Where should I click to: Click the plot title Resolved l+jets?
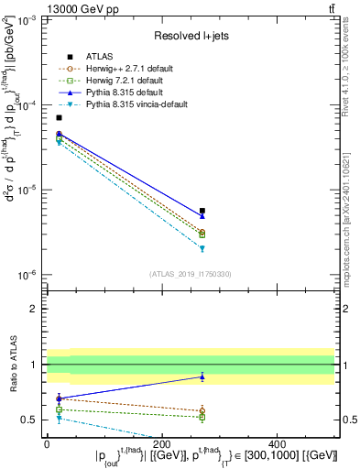(x=190, y=35)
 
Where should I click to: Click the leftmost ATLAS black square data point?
(x=59, y=117)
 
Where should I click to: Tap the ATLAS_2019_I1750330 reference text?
(x=190, y=273)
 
